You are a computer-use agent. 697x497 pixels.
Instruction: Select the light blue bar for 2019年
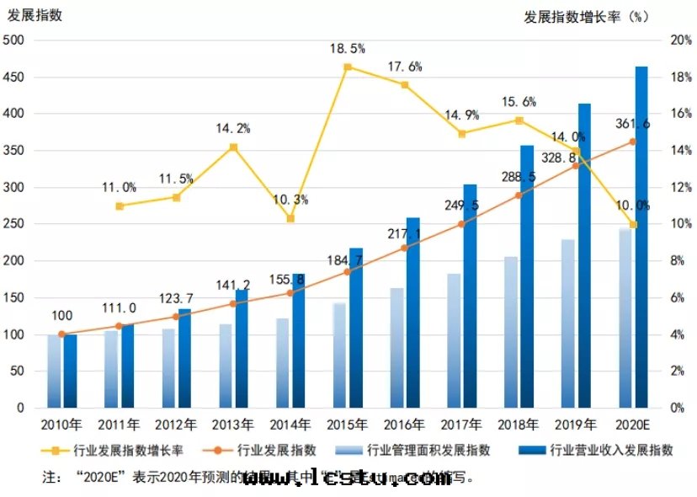569,323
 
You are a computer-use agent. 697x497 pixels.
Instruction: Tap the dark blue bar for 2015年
356,328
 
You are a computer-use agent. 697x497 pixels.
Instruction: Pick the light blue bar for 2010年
54,371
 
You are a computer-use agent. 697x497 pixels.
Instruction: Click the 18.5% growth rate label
348,50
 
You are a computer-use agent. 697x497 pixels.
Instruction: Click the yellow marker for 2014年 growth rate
290,218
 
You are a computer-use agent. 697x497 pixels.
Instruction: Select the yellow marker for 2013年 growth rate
233,147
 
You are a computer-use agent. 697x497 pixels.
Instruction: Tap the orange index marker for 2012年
176,317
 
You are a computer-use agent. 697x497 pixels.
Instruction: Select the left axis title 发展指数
35,15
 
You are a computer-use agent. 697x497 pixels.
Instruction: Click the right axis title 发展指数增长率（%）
588,15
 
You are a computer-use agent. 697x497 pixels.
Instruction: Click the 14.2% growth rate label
233,129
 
